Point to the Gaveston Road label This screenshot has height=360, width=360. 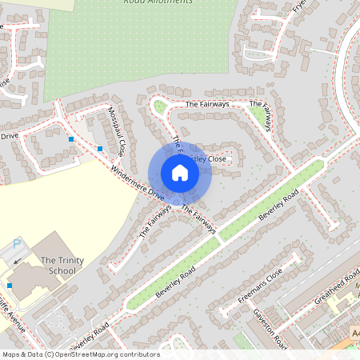[x=270, y=328]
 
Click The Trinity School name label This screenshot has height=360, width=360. [x=58, y=265]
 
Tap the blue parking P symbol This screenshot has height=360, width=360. [x=17, y=245]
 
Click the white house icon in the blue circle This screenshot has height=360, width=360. [x=180, y=173]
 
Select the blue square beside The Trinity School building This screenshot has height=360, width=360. [x=10, y=285]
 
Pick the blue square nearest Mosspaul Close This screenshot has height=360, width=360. [x=100, y=148]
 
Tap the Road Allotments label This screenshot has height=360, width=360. [x=158, y=2]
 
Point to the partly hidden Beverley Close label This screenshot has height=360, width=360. [x=210, y=159]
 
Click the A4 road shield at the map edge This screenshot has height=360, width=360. [x=355, y=331]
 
